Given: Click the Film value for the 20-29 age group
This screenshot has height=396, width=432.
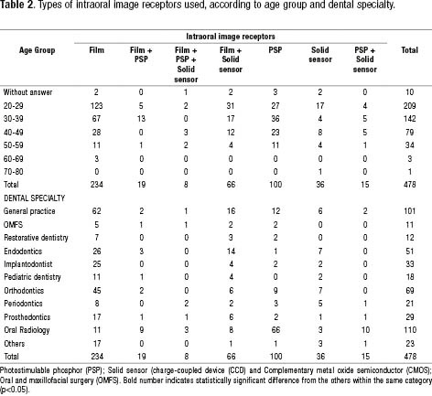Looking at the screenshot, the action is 96,106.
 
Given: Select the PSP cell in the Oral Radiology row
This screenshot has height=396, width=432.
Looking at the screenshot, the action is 275,330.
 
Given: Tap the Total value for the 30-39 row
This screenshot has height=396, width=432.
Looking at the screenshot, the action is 409,119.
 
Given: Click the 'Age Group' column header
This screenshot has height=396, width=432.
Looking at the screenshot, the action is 37,50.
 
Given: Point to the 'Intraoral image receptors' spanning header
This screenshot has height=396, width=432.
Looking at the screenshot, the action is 231,37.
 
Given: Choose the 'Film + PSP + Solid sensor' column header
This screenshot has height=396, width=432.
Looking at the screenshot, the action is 186,65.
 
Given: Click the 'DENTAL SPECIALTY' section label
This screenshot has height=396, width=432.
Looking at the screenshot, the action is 35,198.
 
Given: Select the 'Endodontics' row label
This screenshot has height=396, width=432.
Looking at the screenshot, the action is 23,252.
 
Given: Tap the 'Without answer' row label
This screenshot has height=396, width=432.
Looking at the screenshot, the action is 27,92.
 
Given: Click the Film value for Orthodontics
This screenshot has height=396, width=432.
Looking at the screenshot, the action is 97,291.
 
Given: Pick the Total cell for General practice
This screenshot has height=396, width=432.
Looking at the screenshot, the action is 409,211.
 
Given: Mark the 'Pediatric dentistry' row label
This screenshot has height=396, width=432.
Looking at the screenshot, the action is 32,277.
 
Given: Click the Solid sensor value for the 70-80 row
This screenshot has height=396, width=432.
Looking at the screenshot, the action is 320,172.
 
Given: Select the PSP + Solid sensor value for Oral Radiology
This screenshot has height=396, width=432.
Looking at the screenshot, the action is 365,330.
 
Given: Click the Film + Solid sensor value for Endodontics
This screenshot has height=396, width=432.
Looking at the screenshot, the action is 231,252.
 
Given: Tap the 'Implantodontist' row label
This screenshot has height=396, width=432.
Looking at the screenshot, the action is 28,264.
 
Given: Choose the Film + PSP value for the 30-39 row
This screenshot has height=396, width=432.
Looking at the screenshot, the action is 141,119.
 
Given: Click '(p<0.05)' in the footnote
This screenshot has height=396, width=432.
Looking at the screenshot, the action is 15,390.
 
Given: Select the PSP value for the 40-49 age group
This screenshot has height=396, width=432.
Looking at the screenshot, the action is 275,133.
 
